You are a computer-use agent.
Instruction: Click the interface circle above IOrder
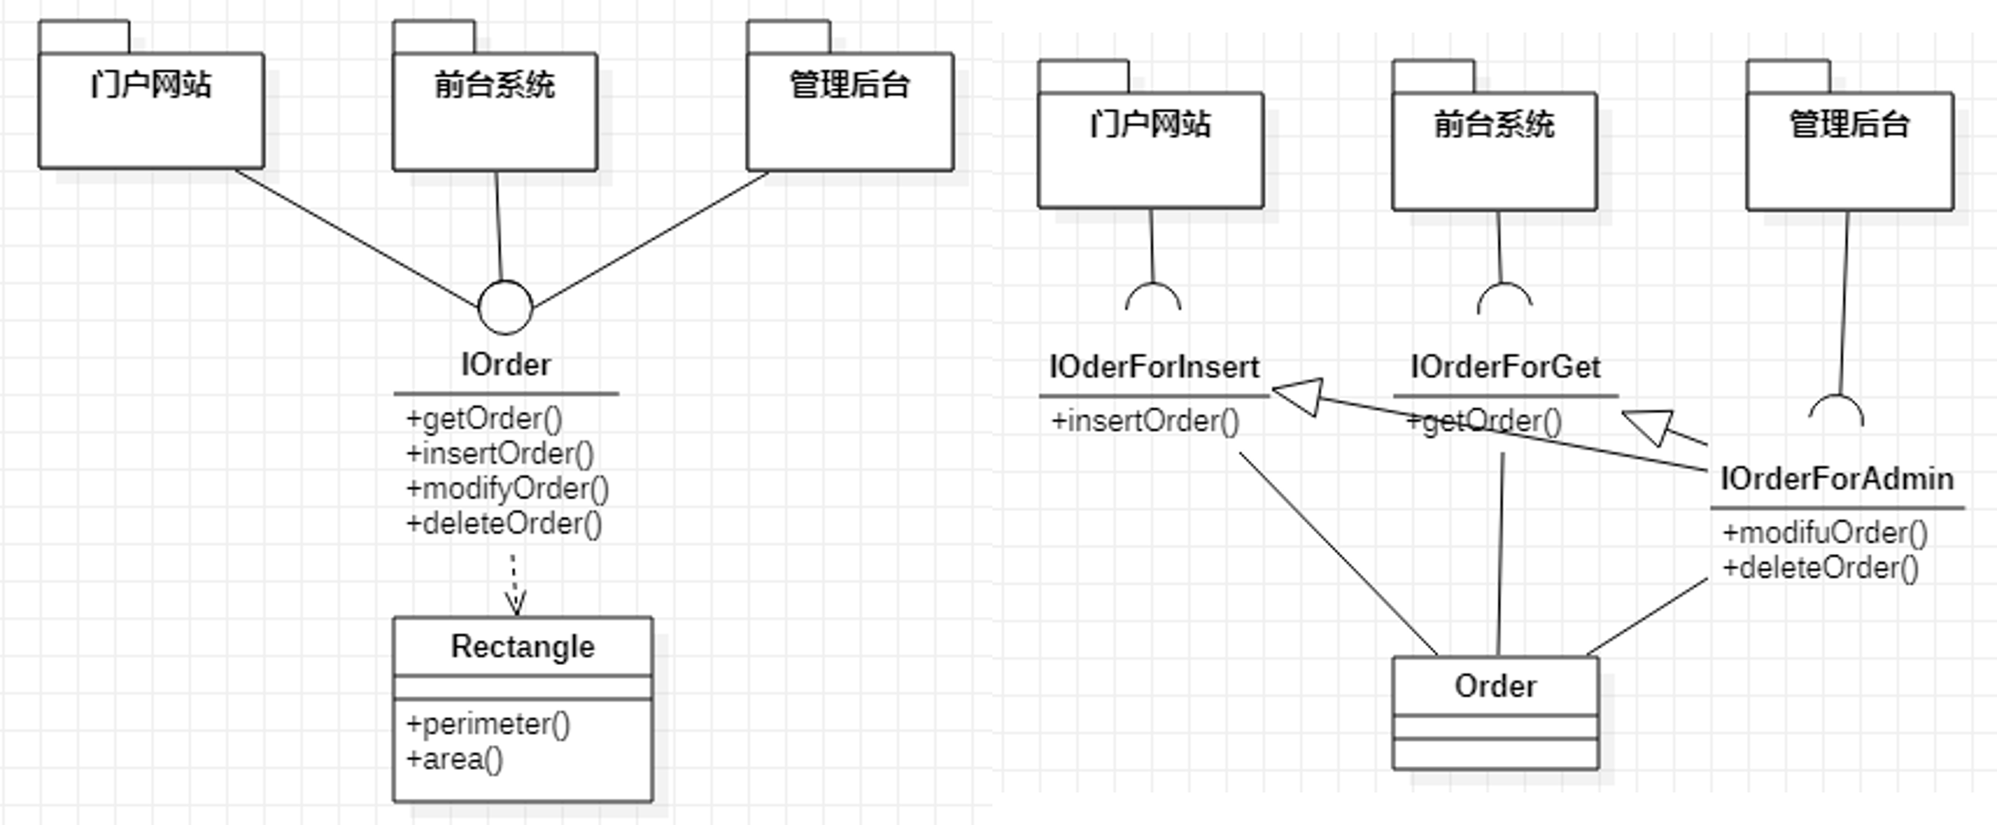click(x=506, y=308)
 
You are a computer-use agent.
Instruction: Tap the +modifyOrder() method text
click(x=507, y=489)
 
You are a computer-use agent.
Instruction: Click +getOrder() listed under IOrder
click(x=484, y=419)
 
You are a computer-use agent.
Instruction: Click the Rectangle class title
click(x=523, y=647)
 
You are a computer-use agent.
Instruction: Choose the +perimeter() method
click(x=487, y=724)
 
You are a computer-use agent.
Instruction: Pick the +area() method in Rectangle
click(x=454, y=759)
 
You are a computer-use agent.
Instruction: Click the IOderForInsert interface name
click(x=1154, y=367)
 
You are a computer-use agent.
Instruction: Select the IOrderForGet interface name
click(x=1505, y=367)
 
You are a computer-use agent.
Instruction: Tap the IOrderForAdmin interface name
click(x=1836, y=479)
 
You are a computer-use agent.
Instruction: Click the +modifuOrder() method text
click(x=1824, y=533)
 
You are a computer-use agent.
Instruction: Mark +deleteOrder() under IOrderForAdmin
click(x=1819, y=568)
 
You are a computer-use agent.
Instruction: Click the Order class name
click(x=1495, y=686)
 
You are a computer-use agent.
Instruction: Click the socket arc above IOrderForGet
click(x=1504, y=296)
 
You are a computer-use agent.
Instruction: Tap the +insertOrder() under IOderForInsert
click(x=1144, y=421)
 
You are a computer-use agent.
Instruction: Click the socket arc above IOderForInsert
click(x=1153, y=295)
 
